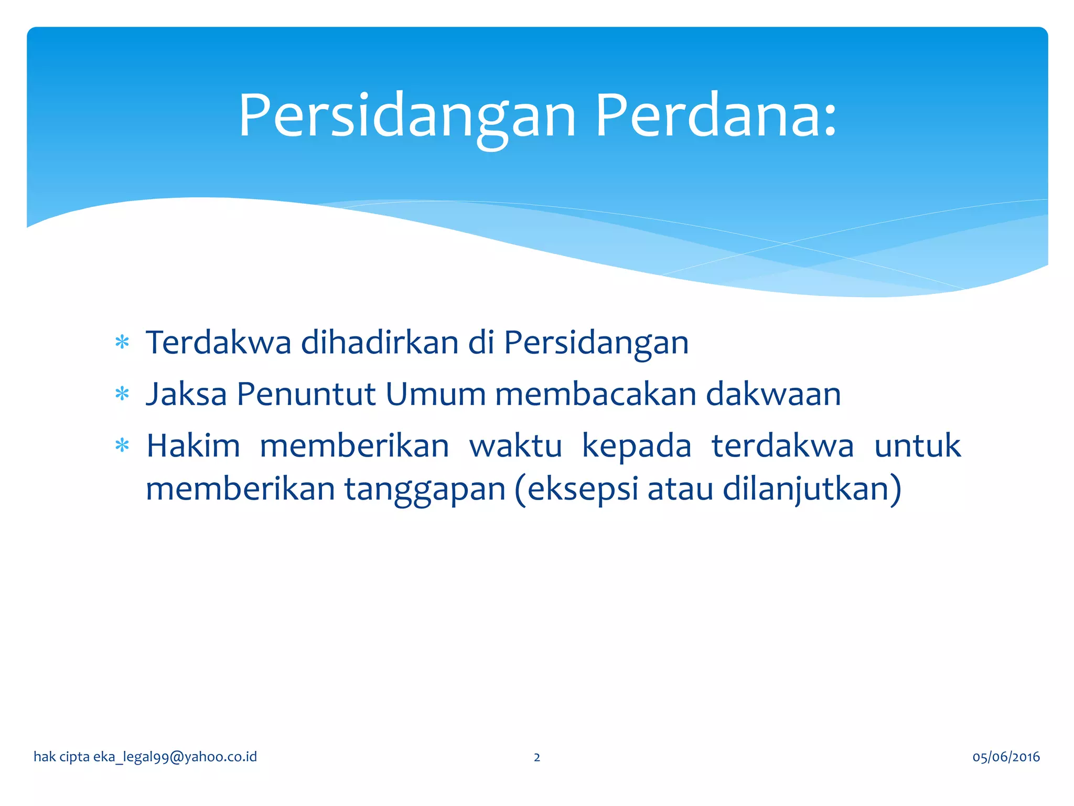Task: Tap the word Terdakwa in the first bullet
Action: point(218,343)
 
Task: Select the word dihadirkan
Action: point(380,343)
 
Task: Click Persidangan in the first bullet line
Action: point(596,343)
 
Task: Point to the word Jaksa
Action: point(186,394)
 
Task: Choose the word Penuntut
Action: point(306,394)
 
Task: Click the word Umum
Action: point(435,394)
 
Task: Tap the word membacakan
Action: point(595,394)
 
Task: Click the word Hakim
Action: point(193,446)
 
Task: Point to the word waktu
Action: point(515,446)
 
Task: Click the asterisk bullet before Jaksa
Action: point(122,394)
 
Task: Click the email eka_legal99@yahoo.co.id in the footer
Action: point(175,757)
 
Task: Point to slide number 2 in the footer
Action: point(536,757)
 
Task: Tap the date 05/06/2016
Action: point(1006,757)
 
